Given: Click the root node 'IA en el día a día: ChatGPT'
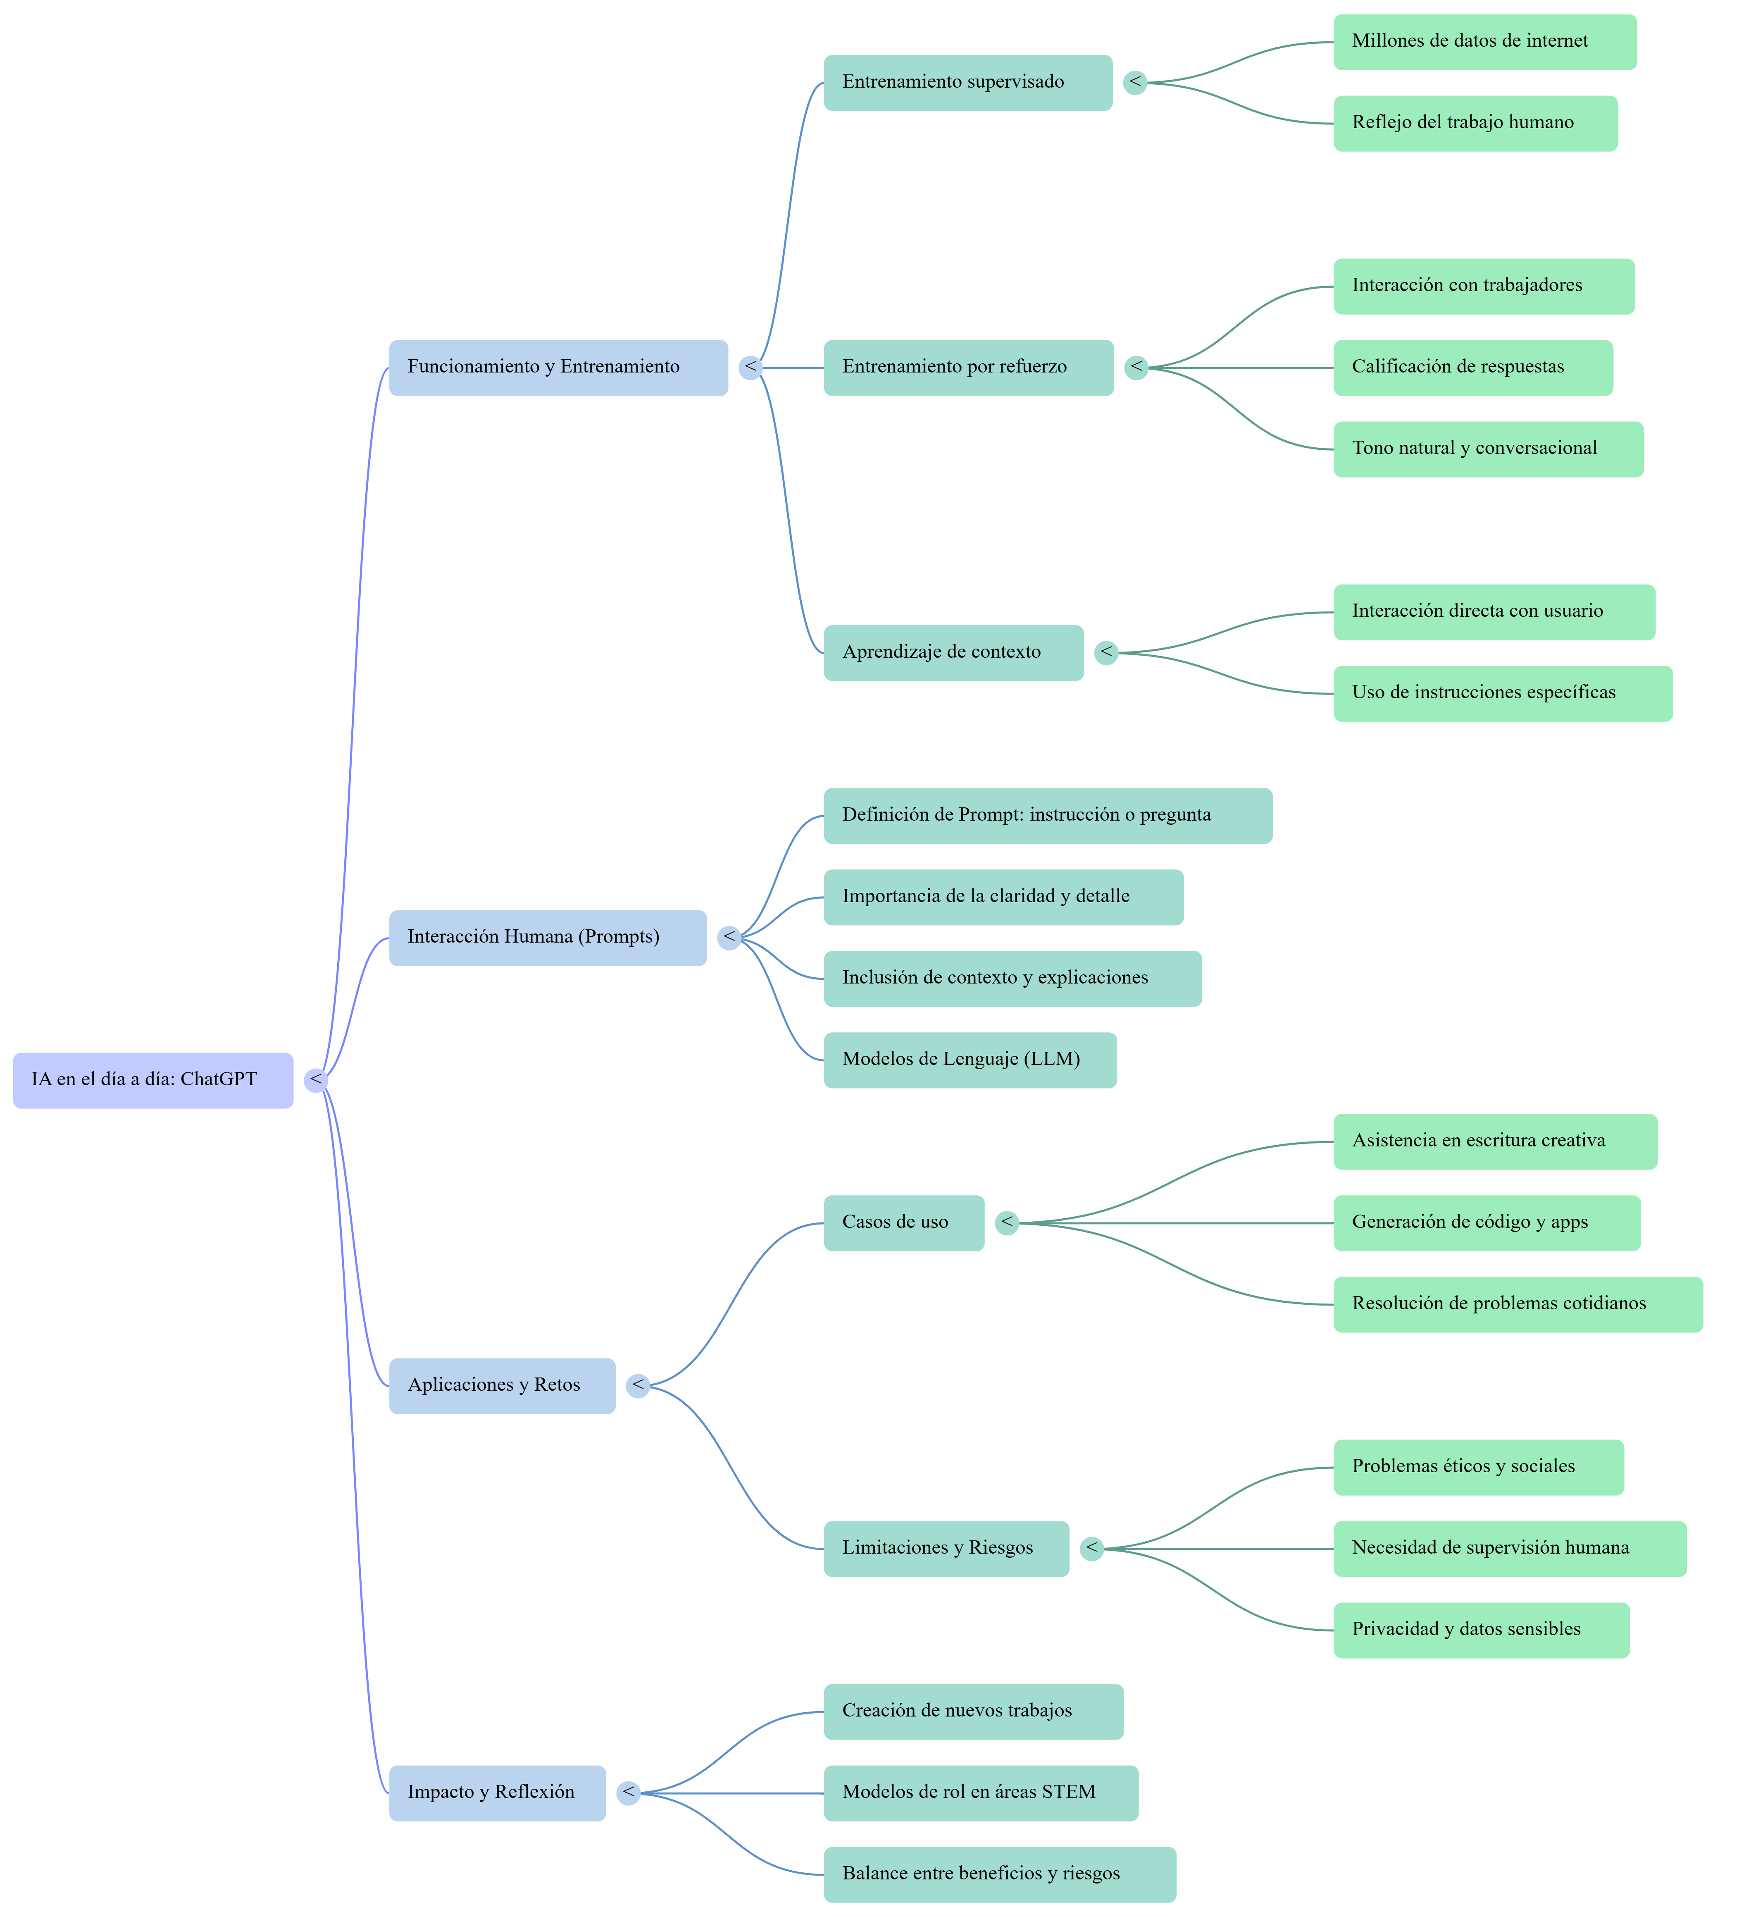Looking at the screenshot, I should tap(152, 1080).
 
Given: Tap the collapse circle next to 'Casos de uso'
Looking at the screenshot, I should tap(1007, 1223).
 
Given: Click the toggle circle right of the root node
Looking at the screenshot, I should tap(316, 1080).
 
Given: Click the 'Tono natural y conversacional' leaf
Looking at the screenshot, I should tap(1488, 449).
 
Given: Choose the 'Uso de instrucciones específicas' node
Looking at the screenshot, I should tap(1502, 693).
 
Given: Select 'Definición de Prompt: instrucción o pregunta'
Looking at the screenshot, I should tap(1048, 816).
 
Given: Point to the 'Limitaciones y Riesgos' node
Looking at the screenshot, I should tap(946, 1549).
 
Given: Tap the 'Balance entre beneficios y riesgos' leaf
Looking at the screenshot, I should tap(999, 1874).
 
